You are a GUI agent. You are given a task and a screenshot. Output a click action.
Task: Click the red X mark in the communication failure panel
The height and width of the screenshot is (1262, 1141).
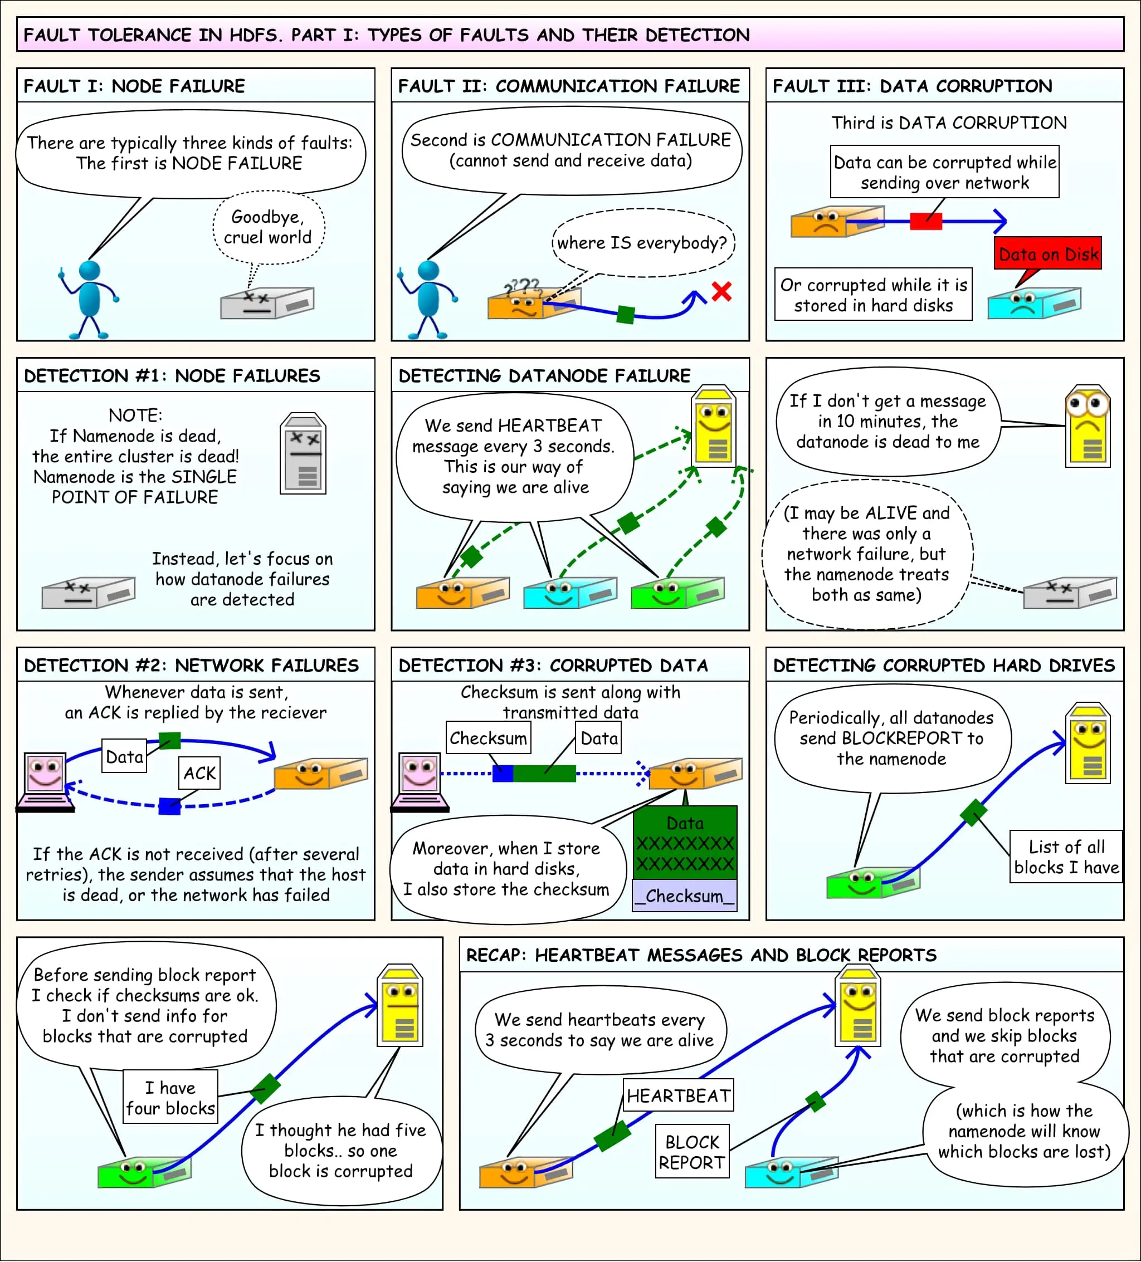(x=721, y=291)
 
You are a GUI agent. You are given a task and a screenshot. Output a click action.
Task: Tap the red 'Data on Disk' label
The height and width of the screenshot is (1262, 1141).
(x=1048, y=253)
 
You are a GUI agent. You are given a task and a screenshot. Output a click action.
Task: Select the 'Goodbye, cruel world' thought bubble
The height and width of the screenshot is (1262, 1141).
(x=268, y=227)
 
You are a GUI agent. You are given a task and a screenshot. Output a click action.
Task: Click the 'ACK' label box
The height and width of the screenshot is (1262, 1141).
(x=199, y=773)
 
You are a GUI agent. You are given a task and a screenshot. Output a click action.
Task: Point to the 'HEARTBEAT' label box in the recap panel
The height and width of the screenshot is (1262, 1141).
(x=678, y=1095)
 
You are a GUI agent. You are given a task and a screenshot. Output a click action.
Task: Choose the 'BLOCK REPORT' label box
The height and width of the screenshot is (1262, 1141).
(x=692, y=1152)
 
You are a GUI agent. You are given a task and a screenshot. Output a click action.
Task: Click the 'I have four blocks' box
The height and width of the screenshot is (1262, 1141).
(x=170, y=1098)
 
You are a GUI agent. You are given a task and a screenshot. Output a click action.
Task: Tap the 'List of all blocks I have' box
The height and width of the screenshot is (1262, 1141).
(x=1066, y=857)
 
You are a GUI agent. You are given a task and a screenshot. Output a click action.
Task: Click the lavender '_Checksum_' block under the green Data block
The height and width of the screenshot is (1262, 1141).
(x=685, y=896)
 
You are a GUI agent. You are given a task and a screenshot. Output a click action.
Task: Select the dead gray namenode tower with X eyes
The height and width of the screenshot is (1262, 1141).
(x=303, y=453)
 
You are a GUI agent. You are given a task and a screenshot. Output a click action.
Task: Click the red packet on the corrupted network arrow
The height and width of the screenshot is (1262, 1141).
(x=925, y=221)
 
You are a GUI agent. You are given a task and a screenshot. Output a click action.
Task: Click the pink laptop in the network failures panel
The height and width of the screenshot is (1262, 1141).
(x=45, y=782)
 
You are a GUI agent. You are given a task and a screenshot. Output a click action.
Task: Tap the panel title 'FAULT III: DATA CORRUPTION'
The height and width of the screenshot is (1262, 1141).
(x=912, y=86)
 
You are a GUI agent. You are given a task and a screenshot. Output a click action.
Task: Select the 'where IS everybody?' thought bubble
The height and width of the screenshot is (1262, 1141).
(x=642, y=243)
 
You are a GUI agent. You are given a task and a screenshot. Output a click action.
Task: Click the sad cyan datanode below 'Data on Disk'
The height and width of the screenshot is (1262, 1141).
(x=1033, y=303)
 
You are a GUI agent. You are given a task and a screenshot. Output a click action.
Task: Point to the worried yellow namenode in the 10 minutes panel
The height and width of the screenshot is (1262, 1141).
(x=1087, y=425)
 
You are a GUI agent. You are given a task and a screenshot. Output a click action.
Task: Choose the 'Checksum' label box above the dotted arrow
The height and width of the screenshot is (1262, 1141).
(x=488, y=738)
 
